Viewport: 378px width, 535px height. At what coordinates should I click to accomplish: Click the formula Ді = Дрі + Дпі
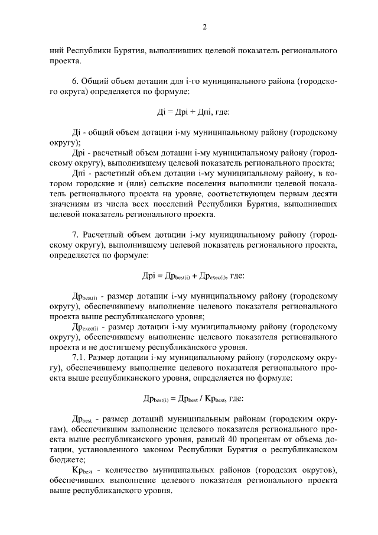coord(189,112)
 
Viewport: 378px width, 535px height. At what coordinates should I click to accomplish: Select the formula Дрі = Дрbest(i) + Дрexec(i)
coord(188,275)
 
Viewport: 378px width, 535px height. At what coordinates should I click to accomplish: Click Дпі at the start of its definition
coord(79,173)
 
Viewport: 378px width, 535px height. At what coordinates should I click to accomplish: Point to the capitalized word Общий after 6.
coord(96,81)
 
